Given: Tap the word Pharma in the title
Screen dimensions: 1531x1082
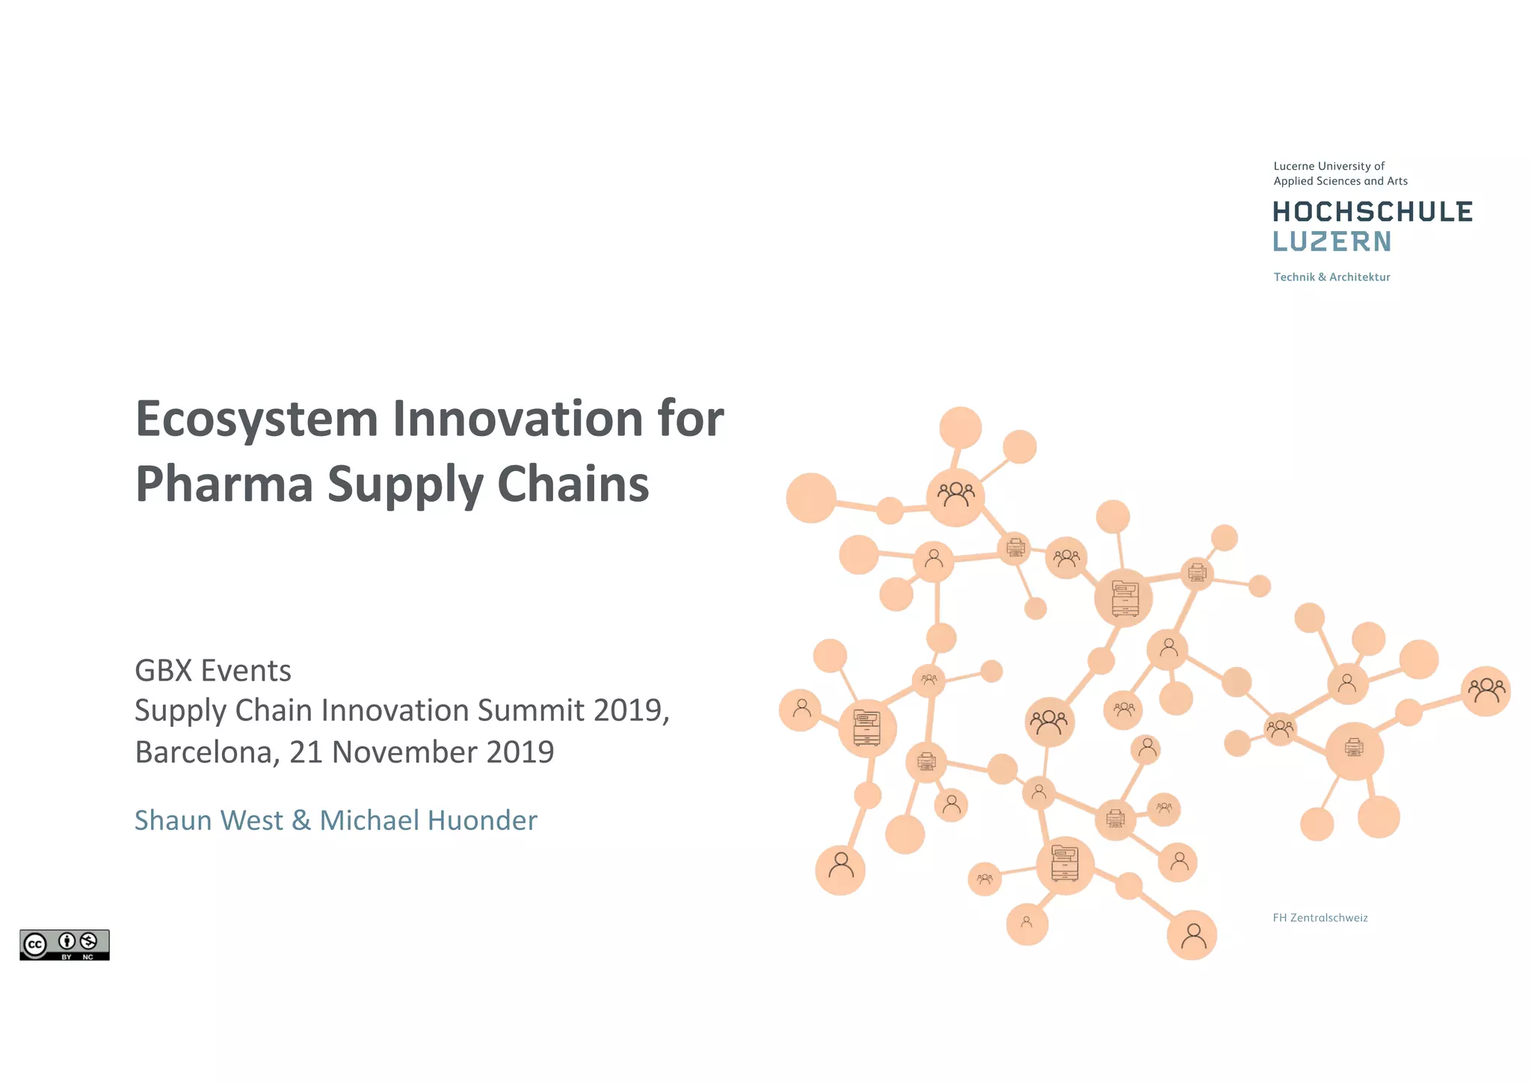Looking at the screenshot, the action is coord(224,485).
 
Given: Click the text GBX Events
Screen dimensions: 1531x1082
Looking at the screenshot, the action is coord(213,671).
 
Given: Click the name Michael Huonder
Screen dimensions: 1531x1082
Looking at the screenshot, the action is coord(428,820).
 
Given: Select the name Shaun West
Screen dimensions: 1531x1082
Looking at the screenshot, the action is coord(209,820).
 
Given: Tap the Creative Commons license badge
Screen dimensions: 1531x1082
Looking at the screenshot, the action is coord(64,945).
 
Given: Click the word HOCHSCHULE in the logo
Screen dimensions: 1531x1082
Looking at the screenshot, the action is coord(1373,212).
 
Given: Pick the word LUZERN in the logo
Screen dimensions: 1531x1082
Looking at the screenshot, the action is coord(1331,242).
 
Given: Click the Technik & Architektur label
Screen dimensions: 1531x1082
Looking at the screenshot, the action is coord(1331,277).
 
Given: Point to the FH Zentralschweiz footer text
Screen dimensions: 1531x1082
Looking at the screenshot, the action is coord(1320,918).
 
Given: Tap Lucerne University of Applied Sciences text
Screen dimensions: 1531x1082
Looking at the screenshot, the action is coord(1340,173).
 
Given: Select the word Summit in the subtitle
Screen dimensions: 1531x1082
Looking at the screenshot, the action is coord(530,710).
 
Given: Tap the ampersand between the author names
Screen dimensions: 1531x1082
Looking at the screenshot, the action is coord(301,820).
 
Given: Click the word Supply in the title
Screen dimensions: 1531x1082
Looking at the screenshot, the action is coord(404,485).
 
